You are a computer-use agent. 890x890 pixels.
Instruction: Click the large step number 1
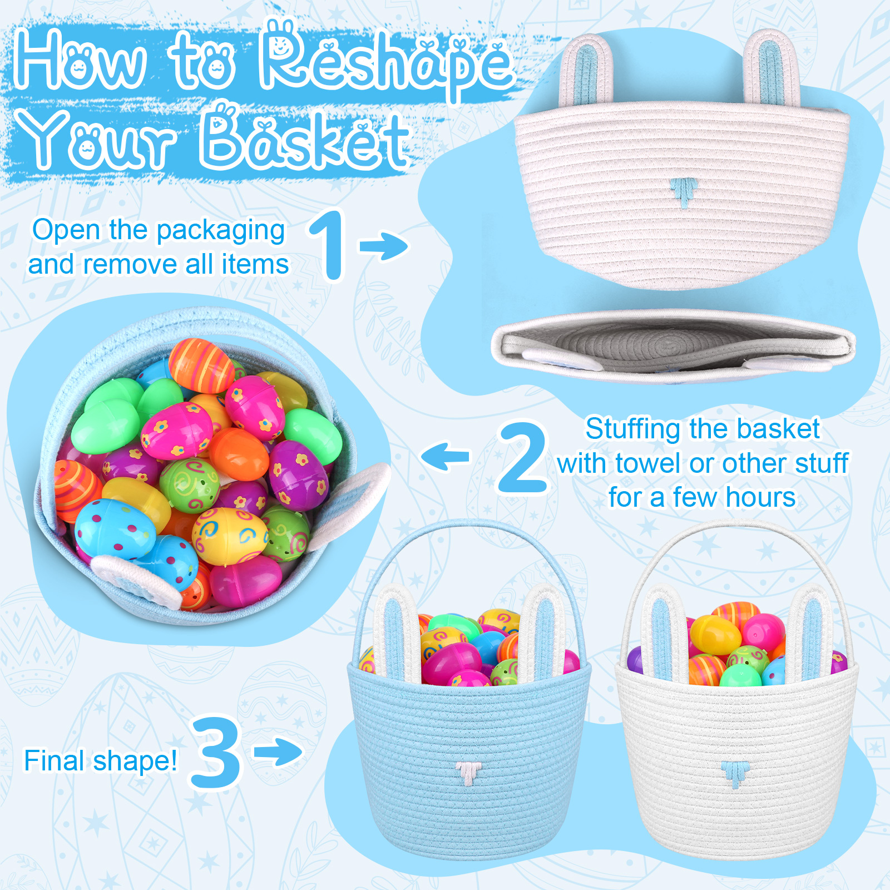(329, 245)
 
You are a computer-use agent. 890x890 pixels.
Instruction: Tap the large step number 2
(522, 457)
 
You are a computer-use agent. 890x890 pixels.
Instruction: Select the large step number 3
(216, 753)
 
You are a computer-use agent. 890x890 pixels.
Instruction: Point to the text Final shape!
(101, 761)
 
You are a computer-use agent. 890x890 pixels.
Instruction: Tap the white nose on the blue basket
(468, 773)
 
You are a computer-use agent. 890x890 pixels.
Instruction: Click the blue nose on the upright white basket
(735, 774)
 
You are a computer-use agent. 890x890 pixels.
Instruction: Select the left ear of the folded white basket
(586, 70)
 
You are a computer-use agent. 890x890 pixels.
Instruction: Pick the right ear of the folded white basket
(772, 68)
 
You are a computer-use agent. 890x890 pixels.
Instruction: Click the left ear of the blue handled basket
(396, 633)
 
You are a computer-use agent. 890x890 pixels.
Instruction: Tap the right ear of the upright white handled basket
(810, 633)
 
